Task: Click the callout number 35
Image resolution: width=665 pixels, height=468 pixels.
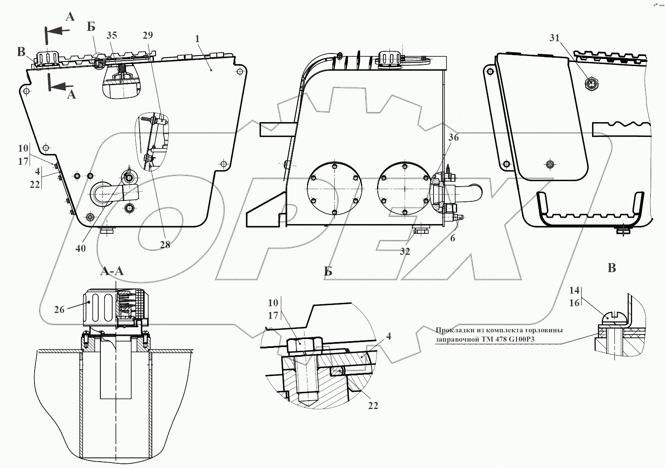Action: click(x=112, y=35)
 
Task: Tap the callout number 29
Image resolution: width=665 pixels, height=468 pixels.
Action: click(x=148, y=35)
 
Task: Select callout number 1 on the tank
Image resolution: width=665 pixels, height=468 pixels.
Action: click(x=197, y=39)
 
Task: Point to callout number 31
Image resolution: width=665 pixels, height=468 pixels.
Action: click(x=554, y=38)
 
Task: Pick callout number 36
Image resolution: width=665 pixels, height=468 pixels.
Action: click(x=453, y=137)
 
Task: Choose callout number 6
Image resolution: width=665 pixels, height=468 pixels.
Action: click(x=452, y=238)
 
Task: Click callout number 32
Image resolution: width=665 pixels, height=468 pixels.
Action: click(x=405, y=251)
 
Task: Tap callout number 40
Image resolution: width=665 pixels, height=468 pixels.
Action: click(x=81, y=249)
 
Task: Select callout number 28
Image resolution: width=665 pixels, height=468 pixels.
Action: click(x=165, y=245)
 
